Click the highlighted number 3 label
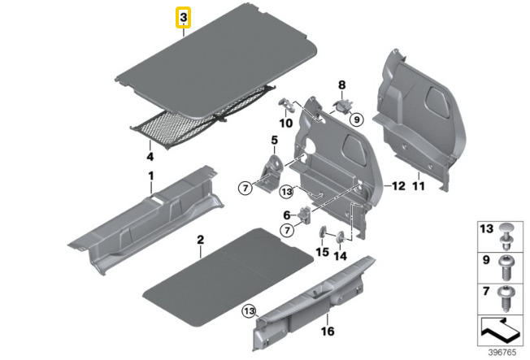pyautogui.click(x=185, y=17)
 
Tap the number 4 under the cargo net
pyautogui.click(x=150, y=155)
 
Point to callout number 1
pyautogui.click(x=150, y=176)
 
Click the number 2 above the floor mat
pyautogui.click(x=199, y=239)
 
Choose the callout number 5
pyautogui.click(x=274, y=141)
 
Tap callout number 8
pyautogui.click(x=342, y=85)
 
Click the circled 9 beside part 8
pyautogui.click(x=355, y=120)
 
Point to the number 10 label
pyautogui.click(x=285, y=123)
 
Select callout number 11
pyautogui.click(x=419, y=186)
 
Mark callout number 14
pyautogui.click(x=340, y=256)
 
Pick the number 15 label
pyautogui.click(x=321, y=253)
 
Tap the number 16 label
pyautogui.click(x=328, y=332)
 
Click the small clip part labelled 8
pyautogui.click(x=343, y=103)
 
